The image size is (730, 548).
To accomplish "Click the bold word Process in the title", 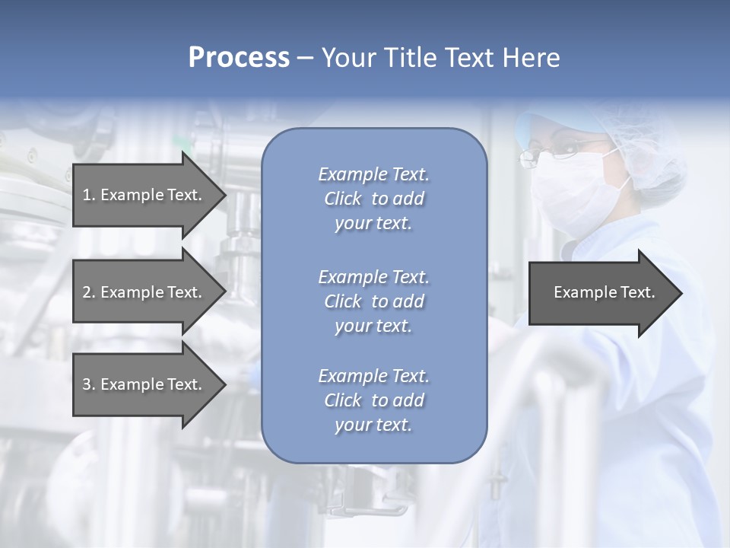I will (x=239, y=58).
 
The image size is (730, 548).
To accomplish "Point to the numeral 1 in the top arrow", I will (x=87, y=195).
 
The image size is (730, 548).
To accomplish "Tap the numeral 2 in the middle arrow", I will (x=87, y=292).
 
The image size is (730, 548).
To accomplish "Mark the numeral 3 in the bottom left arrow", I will (x=87, y=384).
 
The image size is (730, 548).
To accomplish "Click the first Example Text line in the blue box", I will (x=373, y=174).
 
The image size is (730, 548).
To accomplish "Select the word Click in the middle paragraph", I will (x=342, y=301).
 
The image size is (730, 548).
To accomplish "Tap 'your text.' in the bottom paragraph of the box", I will (x=373, y=425).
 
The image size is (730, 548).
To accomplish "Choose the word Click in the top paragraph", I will (x=342, y=199).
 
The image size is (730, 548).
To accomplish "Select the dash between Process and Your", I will (x=305, y=58).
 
